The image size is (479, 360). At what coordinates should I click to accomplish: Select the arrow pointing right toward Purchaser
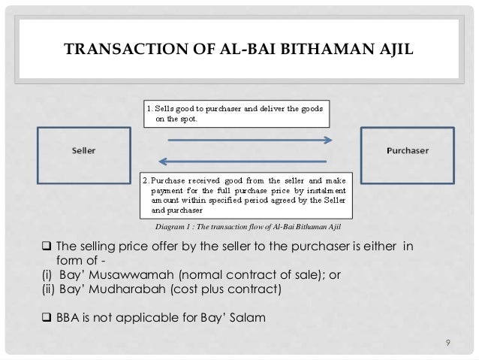coord(242,140)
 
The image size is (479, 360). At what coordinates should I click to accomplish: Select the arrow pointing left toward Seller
coord(242,160)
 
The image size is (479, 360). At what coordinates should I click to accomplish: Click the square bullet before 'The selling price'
coord(46,247)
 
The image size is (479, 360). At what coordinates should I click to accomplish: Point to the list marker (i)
coord(47,275)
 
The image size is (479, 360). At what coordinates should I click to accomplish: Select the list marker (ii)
coord(47,289)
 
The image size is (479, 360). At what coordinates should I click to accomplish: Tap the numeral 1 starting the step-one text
coord(146,109)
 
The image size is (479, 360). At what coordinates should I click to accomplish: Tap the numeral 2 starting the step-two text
coord(146,180)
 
